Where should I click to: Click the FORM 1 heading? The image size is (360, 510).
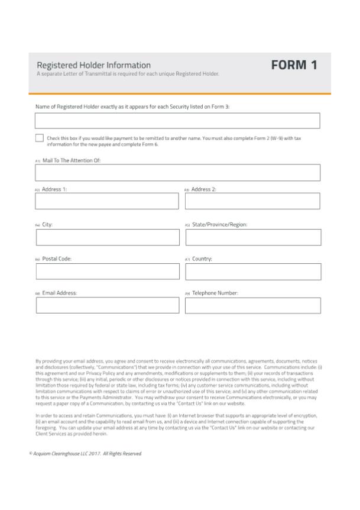294,65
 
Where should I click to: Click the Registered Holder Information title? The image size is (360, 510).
93,65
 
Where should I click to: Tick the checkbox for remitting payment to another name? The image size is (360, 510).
39,138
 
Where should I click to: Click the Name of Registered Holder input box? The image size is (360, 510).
177,121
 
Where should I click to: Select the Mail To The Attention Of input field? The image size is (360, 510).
177,172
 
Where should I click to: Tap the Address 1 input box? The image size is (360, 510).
106,201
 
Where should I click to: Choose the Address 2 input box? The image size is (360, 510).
252,201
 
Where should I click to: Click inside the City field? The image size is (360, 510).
108,237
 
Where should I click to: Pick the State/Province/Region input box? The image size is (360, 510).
252,237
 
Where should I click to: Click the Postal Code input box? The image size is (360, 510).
108,272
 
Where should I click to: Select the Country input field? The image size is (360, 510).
252,272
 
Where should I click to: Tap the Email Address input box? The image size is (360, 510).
107,305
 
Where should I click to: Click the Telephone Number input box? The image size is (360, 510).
252,305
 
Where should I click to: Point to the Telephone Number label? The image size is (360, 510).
215,293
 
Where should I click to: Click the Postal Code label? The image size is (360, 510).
57,259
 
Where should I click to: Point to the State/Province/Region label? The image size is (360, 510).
219,224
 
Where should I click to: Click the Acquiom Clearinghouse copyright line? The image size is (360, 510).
86,453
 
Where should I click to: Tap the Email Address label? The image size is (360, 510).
59,293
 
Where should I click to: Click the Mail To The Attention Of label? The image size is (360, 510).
72,160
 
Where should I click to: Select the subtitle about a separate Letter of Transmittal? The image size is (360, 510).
128,74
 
